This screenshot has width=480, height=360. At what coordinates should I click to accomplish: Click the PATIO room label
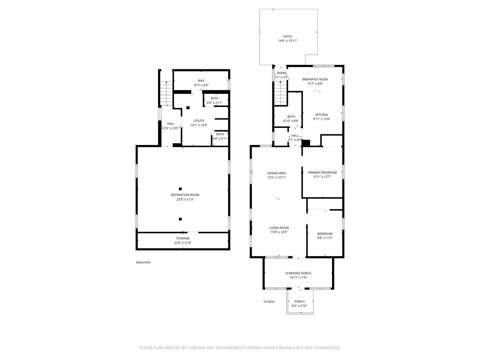[x=287, y=37]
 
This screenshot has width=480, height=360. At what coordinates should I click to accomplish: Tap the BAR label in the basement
[x=201, y=81]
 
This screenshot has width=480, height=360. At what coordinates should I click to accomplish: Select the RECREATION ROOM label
[x=185, y=195]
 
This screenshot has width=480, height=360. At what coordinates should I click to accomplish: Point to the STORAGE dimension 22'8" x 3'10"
[x=183, y=243]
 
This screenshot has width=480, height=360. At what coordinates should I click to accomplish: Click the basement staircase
[x=166, y=93]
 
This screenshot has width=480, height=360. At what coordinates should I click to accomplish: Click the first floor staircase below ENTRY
[x=281, y=93]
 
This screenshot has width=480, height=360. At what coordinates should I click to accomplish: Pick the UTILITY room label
[x=199, y=121]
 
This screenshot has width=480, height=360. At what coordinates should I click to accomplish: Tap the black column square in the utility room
[x=188, y=108]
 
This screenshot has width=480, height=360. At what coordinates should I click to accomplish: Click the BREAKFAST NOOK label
[x=315, y=79]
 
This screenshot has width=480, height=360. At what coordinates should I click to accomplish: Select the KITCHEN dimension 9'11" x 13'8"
[x=321, y=119]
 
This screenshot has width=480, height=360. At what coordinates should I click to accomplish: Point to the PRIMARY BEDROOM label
[x=322, y=172]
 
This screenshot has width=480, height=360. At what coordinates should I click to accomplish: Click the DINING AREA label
[x=276, y=173]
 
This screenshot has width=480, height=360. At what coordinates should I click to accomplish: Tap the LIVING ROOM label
[x=279, y=228]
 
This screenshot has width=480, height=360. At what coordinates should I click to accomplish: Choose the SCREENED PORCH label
[x=298, y=273]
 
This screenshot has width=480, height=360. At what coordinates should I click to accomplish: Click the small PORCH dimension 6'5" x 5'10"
[x=299, y=306]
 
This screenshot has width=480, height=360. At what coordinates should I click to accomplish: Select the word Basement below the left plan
[x=143, y=262]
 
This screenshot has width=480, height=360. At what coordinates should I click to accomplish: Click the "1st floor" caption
[x=269, y=301]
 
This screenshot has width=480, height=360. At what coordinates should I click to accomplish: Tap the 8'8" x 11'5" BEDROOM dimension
[x=325, y=238]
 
